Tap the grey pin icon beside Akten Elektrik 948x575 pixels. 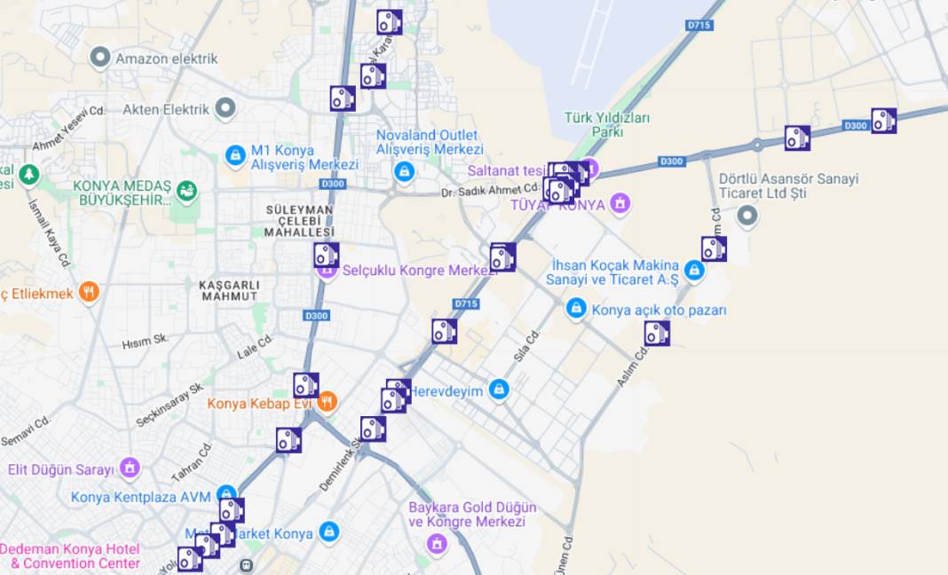click(x=226, y=109)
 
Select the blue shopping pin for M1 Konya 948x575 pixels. click(x=235, y=156)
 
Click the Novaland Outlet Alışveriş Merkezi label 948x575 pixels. click(x=430, y=142)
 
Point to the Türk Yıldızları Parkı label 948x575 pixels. click(x=607, y=124)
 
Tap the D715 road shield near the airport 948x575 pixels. click(x=699, y=26)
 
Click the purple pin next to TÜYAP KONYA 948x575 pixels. click(x=620, y=204)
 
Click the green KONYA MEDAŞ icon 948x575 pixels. click(x=186, y=190)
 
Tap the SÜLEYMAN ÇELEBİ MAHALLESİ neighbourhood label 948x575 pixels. click(x=299, y=221)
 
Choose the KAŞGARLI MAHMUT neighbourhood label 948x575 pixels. click(x=229, y=290)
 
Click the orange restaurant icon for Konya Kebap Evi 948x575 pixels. click(x=327, y=402)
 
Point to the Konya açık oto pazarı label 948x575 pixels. click(x=659, y=311)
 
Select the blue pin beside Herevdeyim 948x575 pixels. click(x=499, y=390)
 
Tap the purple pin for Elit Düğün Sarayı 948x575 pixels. click(x=130, y=468)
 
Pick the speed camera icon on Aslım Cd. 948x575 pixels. click(x=657, y=334)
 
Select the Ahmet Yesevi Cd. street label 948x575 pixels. click(x=69, y=128)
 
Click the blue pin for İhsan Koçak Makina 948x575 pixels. click(x=694, y=270)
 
